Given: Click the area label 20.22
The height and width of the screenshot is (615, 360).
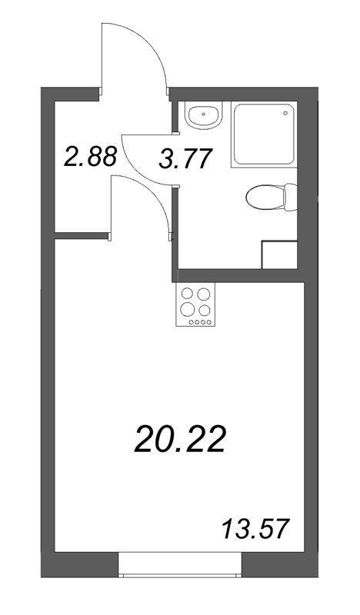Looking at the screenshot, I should coord(180,440).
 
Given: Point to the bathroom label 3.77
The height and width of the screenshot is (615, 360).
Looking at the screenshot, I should coord(184,159).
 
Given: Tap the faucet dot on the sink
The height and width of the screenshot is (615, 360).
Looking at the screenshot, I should coord(203,107).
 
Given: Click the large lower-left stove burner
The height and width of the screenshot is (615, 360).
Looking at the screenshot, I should coord(187,309).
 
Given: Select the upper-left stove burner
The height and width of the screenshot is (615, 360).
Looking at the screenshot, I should coord(187,293).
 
